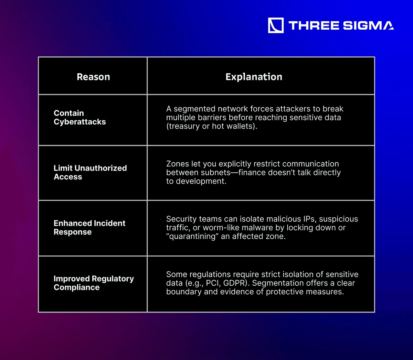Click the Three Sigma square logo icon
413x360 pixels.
pos(276,25)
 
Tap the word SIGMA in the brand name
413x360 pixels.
pos(368,25)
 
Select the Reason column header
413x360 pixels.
pos(94,77)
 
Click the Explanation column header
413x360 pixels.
pos(254,77)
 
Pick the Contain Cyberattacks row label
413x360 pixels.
pos(80,117)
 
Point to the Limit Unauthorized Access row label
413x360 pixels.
pos(90,172)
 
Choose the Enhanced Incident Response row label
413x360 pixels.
pos(89,228)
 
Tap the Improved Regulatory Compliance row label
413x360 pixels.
pos(94,283)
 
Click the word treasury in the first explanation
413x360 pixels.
pos(184,126)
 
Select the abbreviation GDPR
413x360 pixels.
pos(235,283)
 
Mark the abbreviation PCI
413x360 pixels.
pos(212,283)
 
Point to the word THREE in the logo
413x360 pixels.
pos(314,25)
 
